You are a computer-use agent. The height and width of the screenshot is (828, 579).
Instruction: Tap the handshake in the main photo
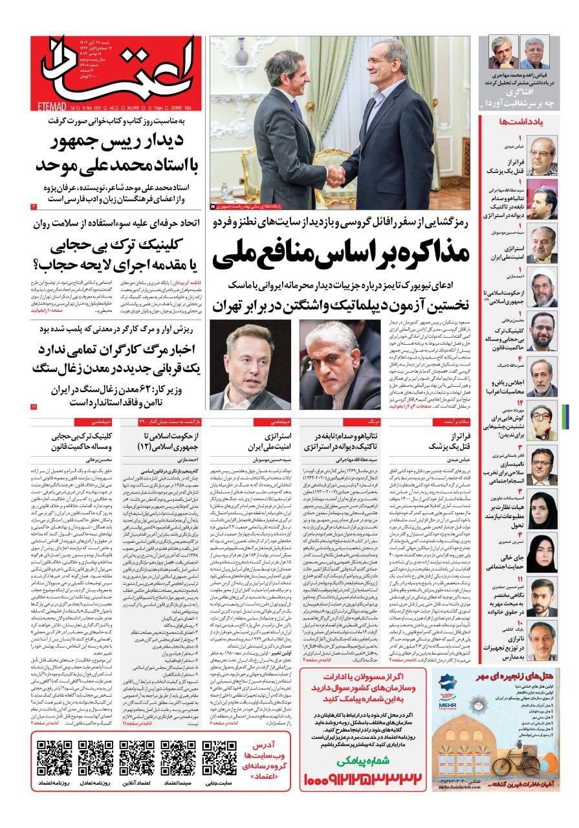pos(335,175)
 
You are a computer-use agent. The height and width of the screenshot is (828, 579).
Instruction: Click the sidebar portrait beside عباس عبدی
pos(541,152)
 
